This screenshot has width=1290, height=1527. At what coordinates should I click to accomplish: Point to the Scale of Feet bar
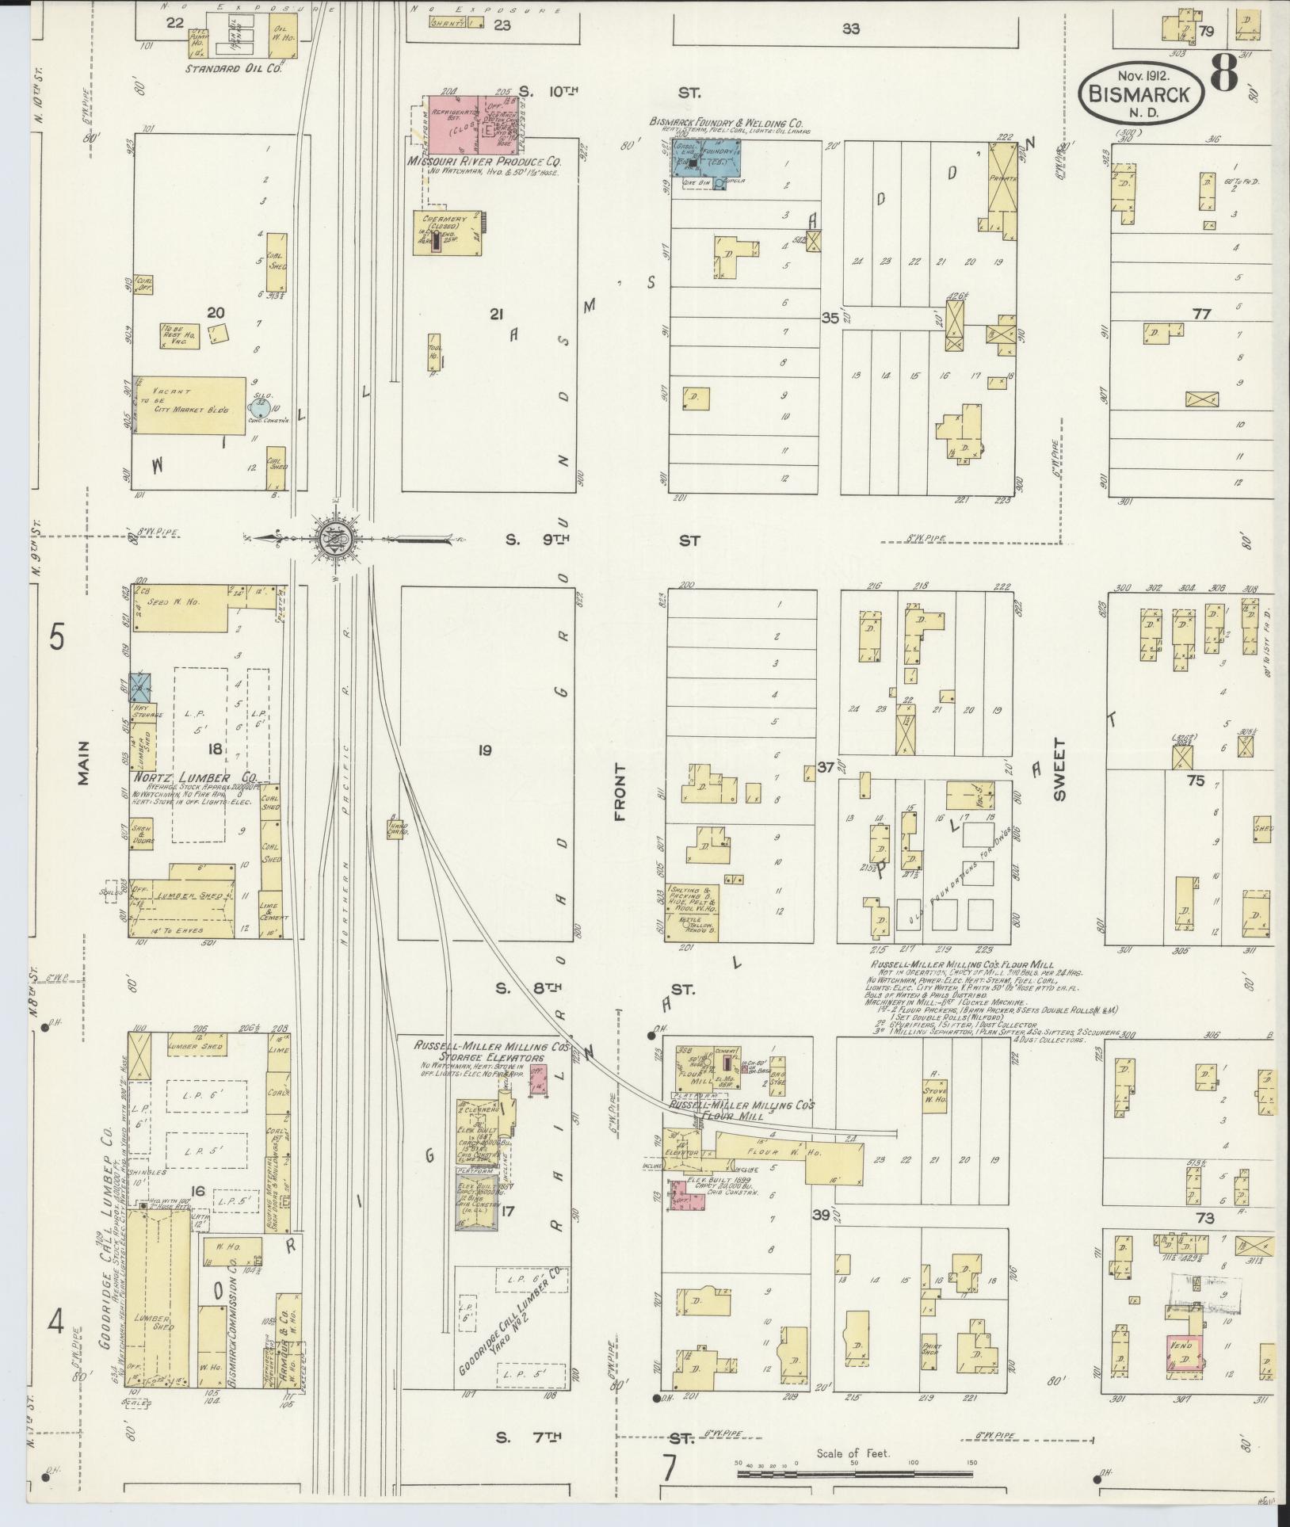(856, 1473)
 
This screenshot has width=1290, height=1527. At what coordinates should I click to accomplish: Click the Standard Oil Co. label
(234, 69)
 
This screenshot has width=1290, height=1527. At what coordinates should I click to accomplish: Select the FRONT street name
(620, 792)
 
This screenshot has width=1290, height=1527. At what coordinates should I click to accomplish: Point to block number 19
(484, 750)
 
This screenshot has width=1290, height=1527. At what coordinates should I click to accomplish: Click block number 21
(497, 315)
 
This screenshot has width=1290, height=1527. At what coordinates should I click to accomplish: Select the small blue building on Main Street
(140, 687)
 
